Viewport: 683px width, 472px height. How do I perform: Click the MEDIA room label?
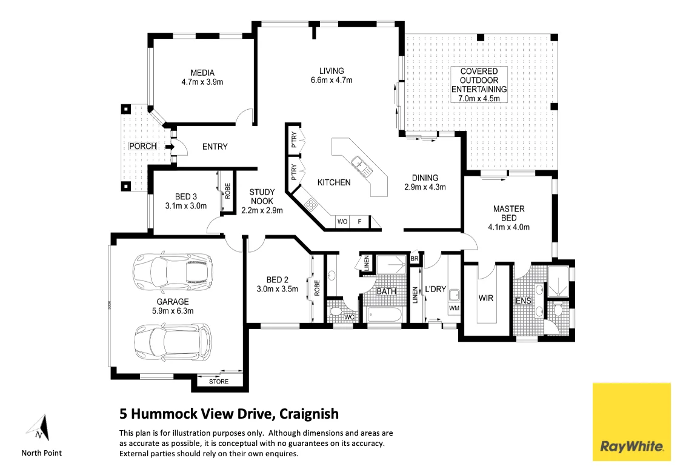click(x=202, y=73)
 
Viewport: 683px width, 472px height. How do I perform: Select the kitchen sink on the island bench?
click(x=361, y=164)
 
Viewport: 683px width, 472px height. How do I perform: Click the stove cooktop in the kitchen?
click(x=311, y=205)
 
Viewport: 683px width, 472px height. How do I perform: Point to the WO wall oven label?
click(x=342, y=222)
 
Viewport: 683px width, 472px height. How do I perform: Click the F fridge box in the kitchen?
click(x=359, y=222)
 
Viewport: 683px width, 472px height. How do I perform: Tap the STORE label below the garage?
click(x=219, y=382)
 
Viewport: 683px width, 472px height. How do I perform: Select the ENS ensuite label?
click(x=523, y=301)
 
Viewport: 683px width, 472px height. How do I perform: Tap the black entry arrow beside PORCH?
click(x=168, y=146)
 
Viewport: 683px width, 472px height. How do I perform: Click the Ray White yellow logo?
click(x=631, y=422)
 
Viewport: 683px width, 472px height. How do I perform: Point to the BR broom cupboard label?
click(x=415, y=259)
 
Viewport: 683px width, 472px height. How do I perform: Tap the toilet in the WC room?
click(x=335, y=314)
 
